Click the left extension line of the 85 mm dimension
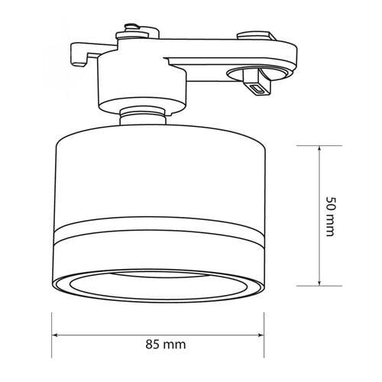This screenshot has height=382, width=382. click(53, 321)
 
